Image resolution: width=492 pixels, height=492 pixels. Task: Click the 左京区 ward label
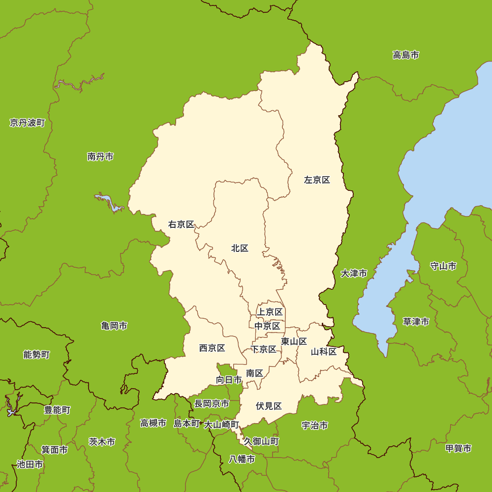[x=317, y=180]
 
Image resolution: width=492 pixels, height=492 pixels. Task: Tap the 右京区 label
[x=181, y=224]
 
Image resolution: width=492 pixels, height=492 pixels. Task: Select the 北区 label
[x=240, y=248]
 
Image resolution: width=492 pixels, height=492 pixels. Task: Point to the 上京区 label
[x=270, y=312]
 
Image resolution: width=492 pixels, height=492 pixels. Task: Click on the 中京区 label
[x=267, y=326]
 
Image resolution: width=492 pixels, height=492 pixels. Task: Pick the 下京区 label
[x=264, y=349]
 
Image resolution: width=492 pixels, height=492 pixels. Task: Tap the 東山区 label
[x=294, y=341]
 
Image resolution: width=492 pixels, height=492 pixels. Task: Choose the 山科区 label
[x=324, y=352]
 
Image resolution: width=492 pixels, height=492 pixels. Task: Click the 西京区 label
[x=212, y=348]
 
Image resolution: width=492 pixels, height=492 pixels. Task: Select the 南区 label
[x=255, y=373]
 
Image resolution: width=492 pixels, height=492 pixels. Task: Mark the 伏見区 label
[x=269, y=406]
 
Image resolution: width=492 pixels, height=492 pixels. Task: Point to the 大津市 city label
[x=354, y=274]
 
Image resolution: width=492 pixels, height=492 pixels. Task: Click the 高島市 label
[x=406, y=55]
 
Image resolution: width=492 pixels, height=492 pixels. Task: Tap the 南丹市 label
[x=100, y=157]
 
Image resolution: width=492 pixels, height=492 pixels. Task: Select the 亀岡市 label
[x=114, y=326]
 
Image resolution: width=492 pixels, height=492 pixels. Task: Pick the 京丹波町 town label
[x=27, y=123]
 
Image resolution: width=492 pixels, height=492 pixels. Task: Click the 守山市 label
[x=443, y=266]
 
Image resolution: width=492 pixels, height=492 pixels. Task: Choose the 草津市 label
[x=416, y=322]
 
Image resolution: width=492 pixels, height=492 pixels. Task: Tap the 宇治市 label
[x=315, y=426]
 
